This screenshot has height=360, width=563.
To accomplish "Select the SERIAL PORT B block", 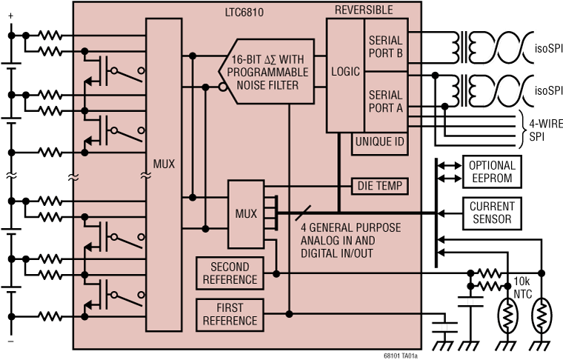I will pyautogui.click(x=385, y=46).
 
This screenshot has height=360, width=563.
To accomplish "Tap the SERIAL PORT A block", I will pyautogui.click(x=385, y=101).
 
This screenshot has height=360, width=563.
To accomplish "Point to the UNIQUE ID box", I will pyautogui.click(x=379, y=141).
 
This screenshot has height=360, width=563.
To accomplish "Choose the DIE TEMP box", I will pyautogui.click(x=379, y=185).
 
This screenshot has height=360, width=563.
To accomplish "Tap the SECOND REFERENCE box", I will pyautogui.click(x=230, y=273).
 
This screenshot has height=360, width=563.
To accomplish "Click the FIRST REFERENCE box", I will pyautogui.click(x=230, y=314).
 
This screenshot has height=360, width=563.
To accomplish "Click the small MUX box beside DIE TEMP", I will pyautogui.click(x=246, y=214).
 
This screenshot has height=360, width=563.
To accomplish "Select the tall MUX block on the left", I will pyautogui.click(x=164, y=164).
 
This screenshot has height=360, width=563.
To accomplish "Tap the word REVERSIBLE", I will pyautogui.click(x=364, y=10).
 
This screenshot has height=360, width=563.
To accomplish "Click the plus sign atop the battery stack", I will pyautogui.click(x=11, y=26).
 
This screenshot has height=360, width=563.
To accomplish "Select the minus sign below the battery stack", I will pyautogui.click(x=11, y=341).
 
